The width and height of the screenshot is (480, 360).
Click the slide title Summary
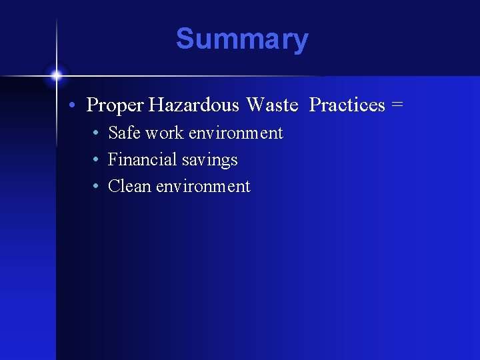[242, 39]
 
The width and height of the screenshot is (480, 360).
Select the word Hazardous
[194, 105]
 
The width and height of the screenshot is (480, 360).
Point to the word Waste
[272, 105]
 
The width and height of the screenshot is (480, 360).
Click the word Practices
[347, 105]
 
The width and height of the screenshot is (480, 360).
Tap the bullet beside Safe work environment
[97, 133]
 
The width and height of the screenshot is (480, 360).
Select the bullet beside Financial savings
[97, 160]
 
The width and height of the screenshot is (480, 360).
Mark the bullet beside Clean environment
[97, 187]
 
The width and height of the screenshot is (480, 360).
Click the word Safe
[124, 133]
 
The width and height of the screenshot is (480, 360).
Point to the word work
[165, 133]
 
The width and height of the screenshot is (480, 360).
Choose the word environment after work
[236, 133]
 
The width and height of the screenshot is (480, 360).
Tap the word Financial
[139, 160]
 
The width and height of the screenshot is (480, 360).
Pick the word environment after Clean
[203, 187]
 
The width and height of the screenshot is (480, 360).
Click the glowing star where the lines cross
[56, 75]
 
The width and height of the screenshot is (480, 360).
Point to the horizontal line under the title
[200, 76]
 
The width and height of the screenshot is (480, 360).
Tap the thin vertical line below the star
[56, 200]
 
